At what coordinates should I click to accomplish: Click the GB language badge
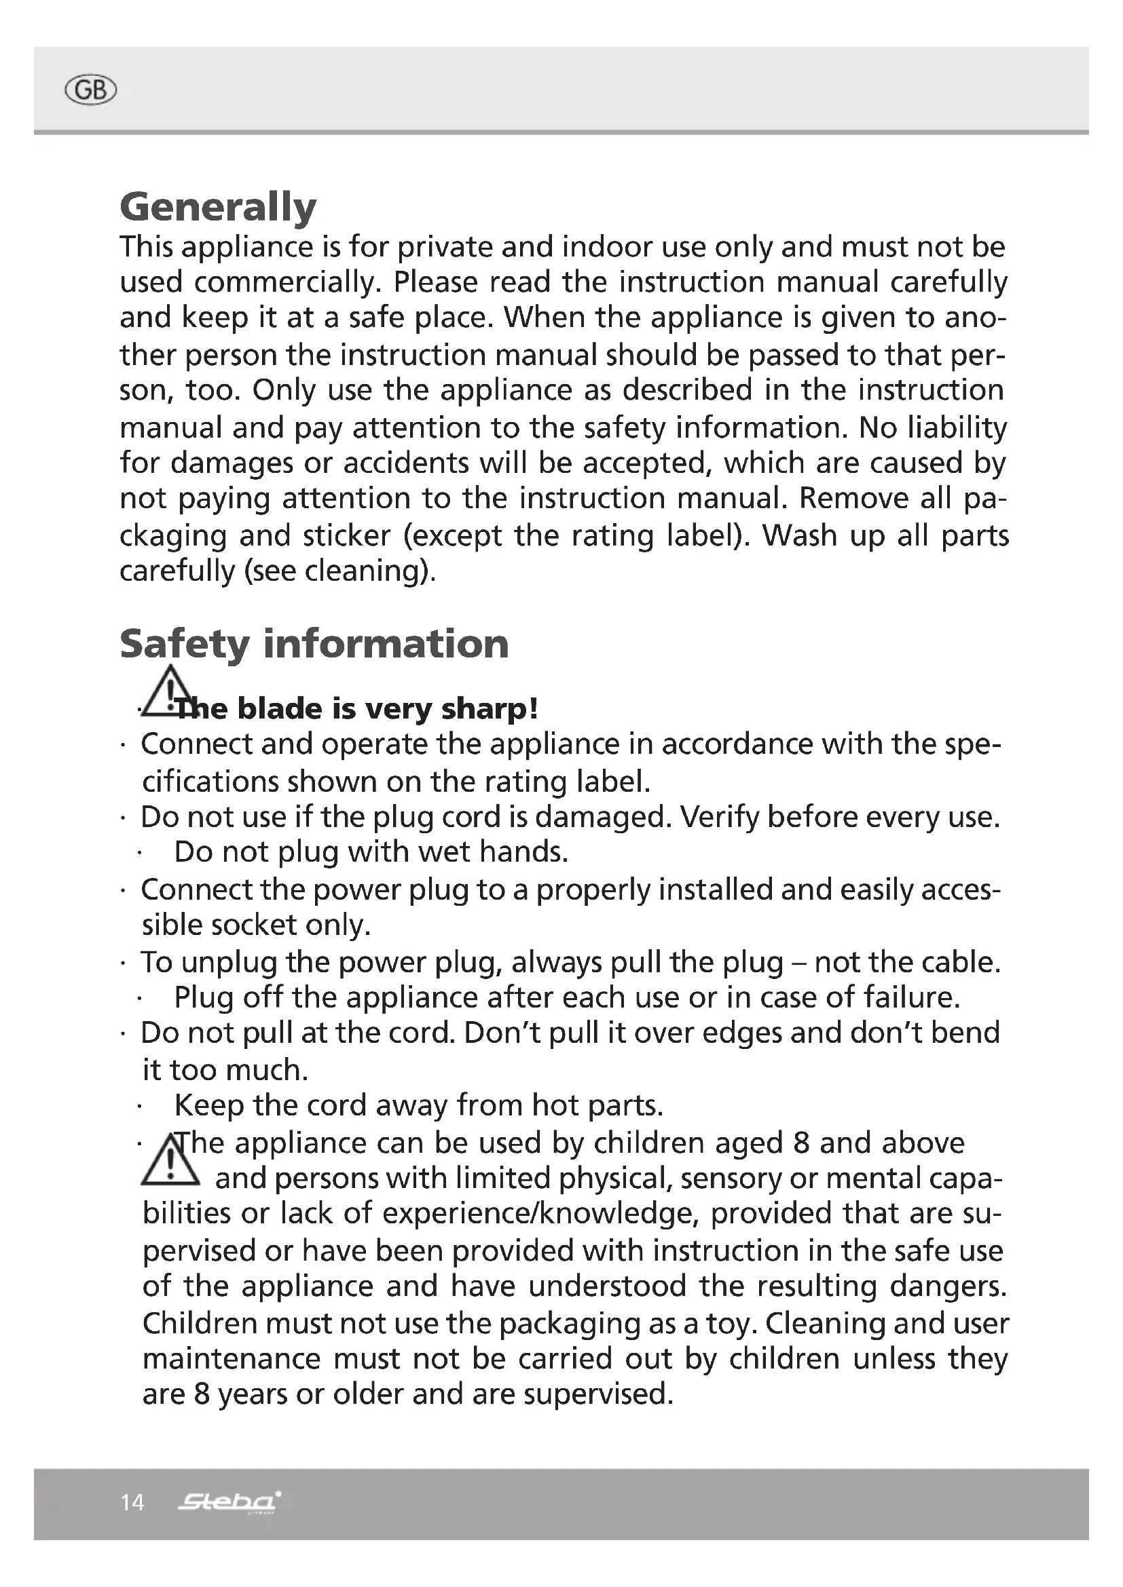90,90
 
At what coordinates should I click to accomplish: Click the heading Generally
218,207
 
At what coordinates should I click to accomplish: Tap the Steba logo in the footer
229,1502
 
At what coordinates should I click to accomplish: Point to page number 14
132,1503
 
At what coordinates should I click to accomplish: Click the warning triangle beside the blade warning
168,691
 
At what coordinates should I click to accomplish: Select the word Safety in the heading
183,644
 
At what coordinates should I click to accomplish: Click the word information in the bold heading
386,644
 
